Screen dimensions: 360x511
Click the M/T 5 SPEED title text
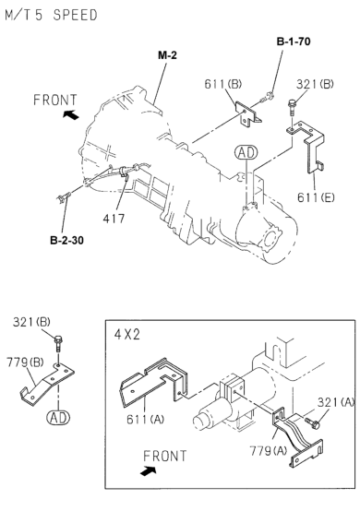51,15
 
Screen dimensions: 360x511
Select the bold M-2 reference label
167,55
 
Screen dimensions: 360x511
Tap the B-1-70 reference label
294,42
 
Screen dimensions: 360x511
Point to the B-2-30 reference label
66,240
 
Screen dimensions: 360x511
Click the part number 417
114,219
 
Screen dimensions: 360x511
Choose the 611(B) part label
223,84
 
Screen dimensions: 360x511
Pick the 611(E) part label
316,196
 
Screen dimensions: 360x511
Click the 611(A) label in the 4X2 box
146,419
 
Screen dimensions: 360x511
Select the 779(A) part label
269,451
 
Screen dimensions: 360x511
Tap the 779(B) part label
25,362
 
